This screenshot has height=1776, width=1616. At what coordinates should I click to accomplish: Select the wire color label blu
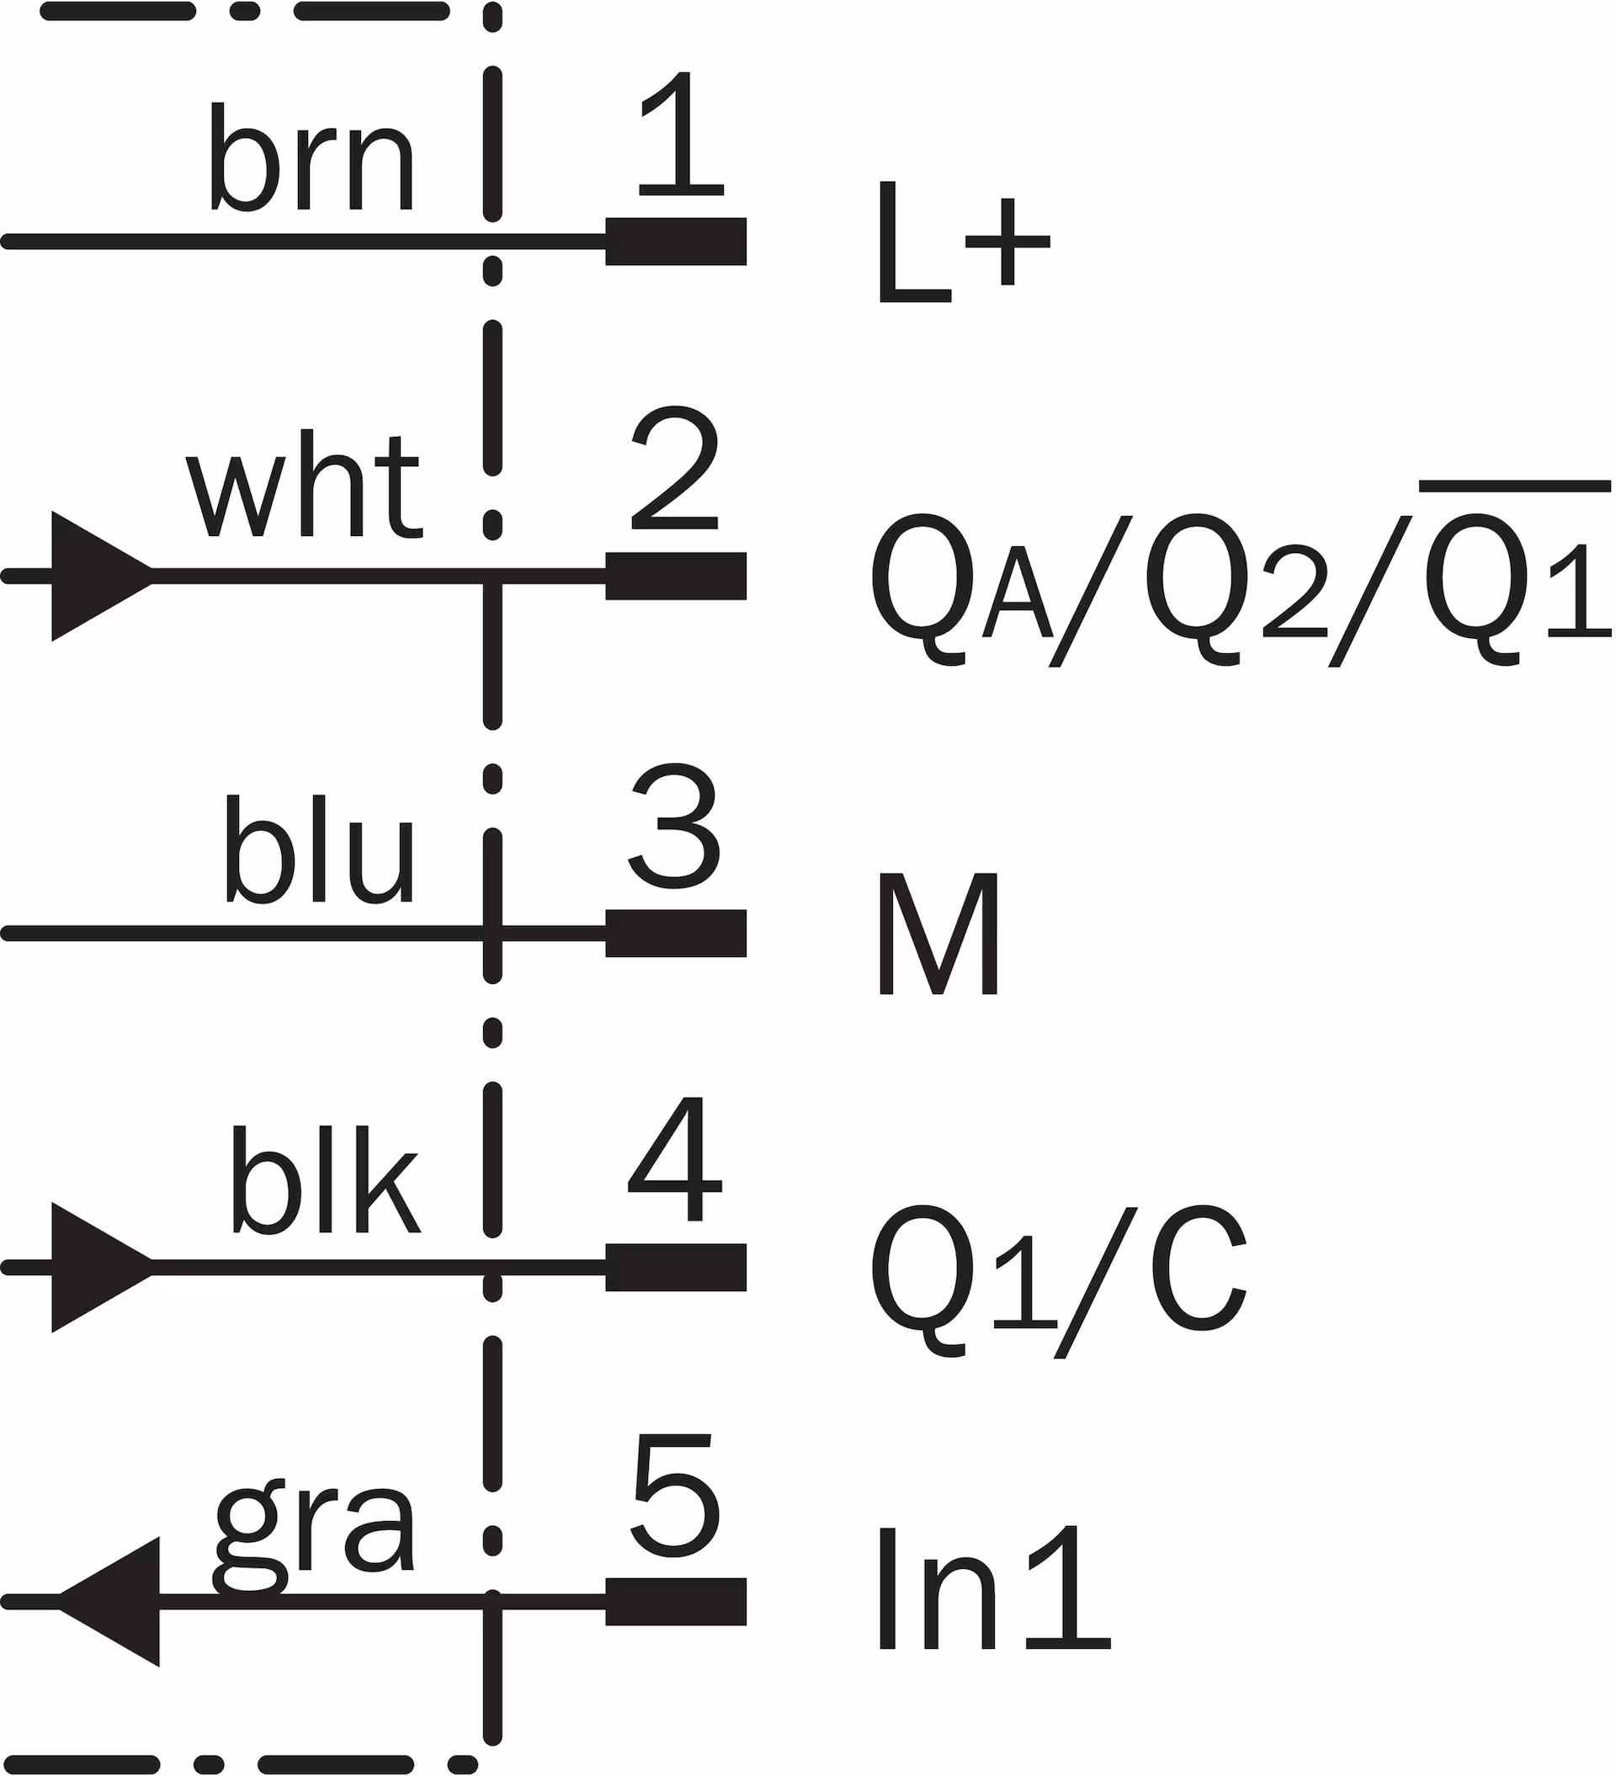pos(318,849)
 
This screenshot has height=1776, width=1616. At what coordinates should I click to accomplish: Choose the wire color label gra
pos(314,1535)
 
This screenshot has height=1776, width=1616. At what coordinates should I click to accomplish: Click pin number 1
pos(680,134)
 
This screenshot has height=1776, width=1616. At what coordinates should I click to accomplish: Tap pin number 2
pos(675,469)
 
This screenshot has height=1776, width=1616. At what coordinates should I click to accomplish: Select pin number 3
pos(675,826)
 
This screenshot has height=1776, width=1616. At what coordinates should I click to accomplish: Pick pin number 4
pos(675,1159)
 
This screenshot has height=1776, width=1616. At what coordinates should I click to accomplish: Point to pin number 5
pos(675,1496)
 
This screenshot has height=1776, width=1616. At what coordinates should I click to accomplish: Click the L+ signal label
pos(963,242)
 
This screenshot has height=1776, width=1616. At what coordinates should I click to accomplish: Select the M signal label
pos(938,933)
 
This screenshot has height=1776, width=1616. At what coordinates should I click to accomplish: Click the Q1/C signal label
pos(1058,1269)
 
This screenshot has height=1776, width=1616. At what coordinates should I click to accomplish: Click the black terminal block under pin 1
pos(676,242)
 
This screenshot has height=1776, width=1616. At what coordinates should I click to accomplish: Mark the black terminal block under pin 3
pos(676,933)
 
